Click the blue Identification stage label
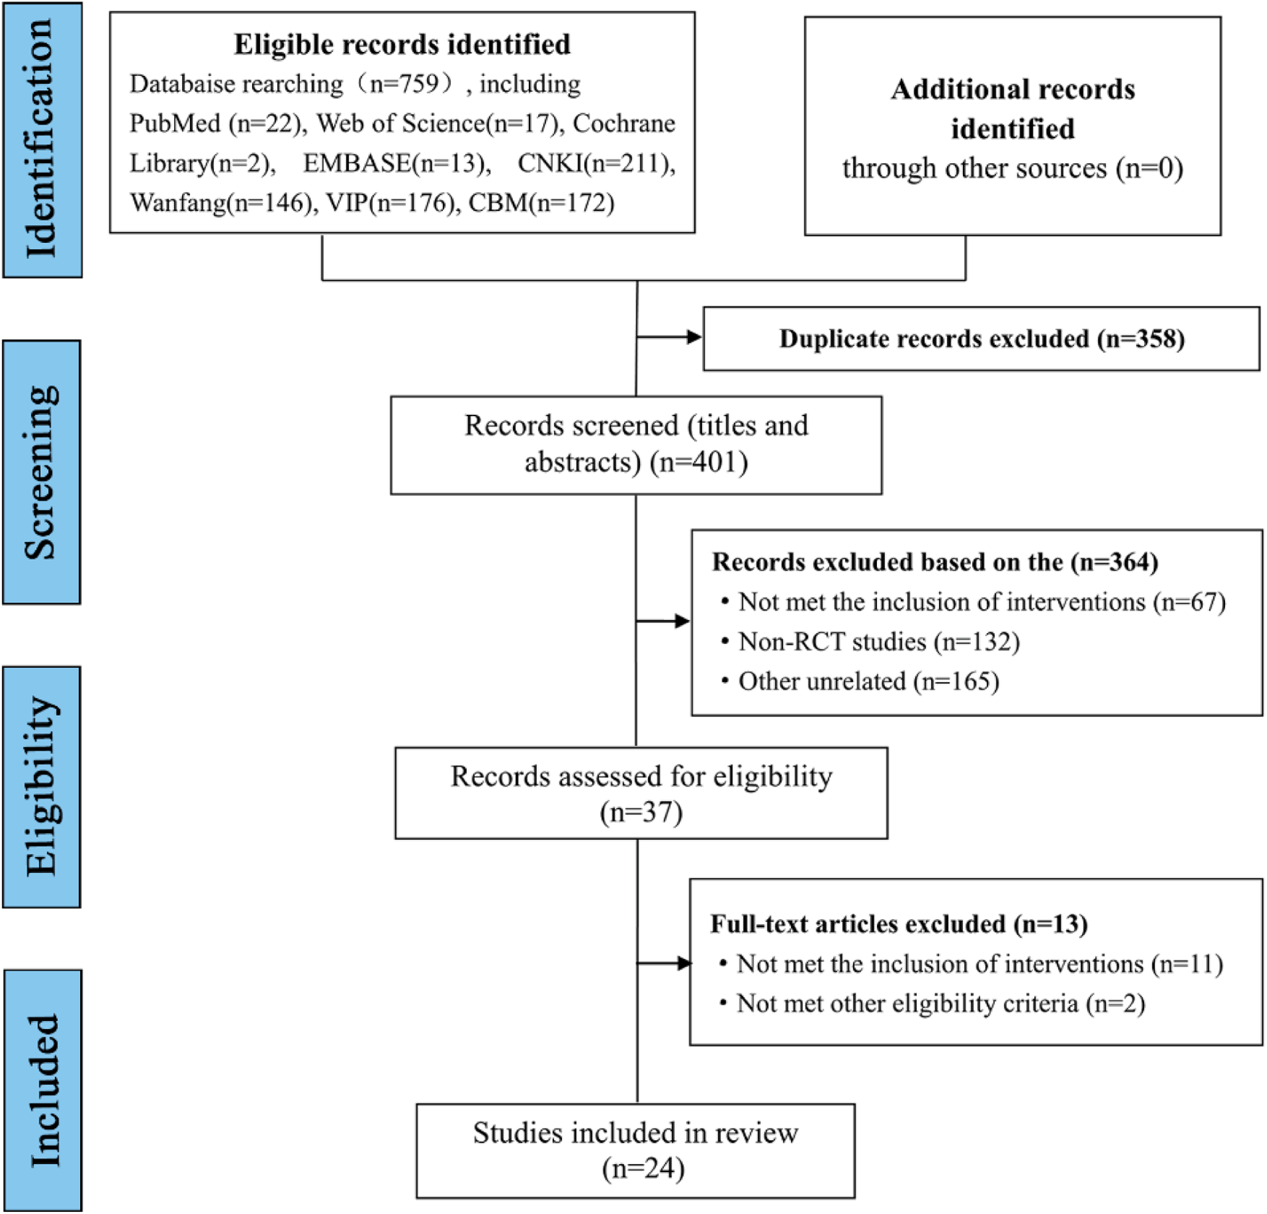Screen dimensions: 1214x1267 [42, 140]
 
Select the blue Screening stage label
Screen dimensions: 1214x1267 [41, 472]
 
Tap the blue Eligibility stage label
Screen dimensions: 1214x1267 [41, 787]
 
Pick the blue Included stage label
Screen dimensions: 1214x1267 [43, 1091]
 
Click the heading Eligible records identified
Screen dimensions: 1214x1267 [402, 45]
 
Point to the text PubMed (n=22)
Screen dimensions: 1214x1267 [215, 123]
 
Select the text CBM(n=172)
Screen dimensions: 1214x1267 [541, 203]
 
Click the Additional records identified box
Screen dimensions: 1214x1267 [1012, 127]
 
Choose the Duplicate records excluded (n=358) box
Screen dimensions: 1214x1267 [981, 339]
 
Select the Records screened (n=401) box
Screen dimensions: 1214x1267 [636, 445]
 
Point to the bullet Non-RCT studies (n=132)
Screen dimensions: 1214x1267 [879, 642]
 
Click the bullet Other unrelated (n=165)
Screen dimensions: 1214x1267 [868, 682]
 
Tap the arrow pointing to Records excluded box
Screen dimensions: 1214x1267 [663, 622]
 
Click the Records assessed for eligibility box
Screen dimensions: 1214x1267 [641, 793]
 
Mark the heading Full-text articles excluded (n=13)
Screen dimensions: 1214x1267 [899, 924]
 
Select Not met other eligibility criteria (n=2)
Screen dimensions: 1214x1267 [940, 1003]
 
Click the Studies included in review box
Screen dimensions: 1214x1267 [636, 1151]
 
